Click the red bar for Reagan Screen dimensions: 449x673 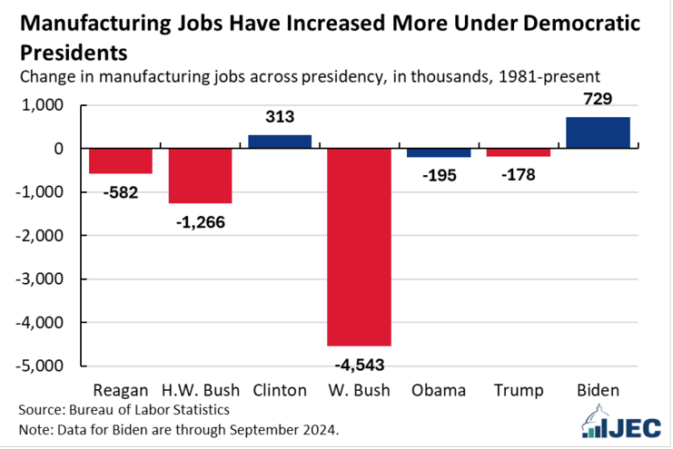[x=121, y=161]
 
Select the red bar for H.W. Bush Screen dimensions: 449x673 [x=201, y=176]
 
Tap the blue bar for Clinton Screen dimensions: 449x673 [x=280, y=142]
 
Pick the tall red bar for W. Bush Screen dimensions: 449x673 [x=360, y=247]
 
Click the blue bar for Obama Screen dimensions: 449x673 [x=439, y=152]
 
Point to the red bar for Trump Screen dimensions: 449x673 [x=519, y=152]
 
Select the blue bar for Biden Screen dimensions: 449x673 [x=598, y=132]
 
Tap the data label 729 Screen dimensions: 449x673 [x=599, y=102]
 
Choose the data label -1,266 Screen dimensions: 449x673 [x=200, y=220]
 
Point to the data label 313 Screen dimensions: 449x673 [x=280, y=117]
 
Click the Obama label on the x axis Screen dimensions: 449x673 [x=439, y=391]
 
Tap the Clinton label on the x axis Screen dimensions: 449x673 [x=280, y=391]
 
